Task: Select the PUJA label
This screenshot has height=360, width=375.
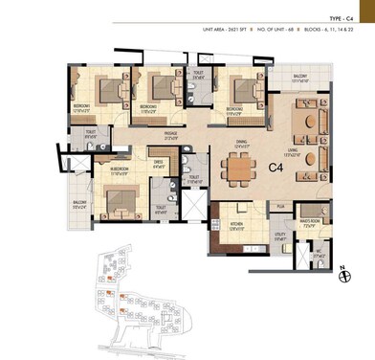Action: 281,205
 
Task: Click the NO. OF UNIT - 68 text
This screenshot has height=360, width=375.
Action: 278,32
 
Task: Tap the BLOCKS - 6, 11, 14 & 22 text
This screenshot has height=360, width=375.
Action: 335,32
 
